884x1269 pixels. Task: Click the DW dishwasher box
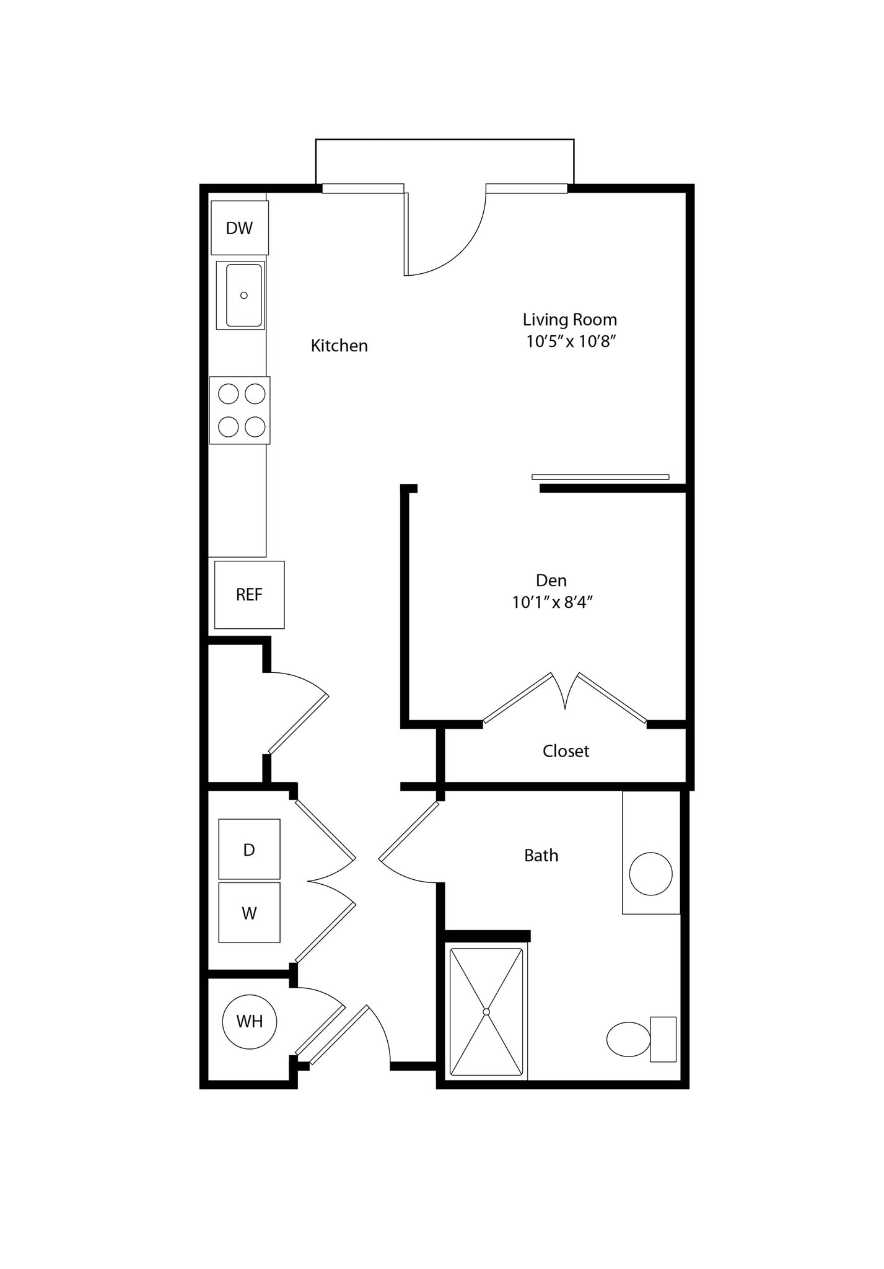(239, 228)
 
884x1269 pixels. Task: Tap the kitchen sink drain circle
(243, 296)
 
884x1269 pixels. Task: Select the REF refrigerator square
(249, 595)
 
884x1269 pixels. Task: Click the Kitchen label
(339, 346)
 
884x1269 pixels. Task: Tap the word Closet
(565, 751)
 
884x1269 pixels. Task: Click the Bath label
(541, 856)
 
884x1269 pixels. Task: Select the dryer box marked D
(249, 849)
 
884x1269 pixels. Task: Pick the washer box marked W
(249, 913)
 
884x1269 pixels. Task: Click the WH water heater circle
(249, 1022)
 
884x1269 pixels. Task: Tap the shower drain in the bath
(486, 1012)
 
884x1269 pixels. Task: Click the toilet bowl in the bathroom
(628, 1039)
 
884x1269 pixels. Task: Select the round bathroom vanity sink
(650, 874)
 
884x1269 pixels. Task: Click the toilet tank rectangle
(663, 1039)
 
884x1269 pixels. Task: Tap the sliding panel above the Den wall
(600, 476)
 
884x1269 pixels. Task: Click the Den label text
(551, 581)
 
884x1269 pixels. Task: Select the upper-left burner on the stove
(229, 393)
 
